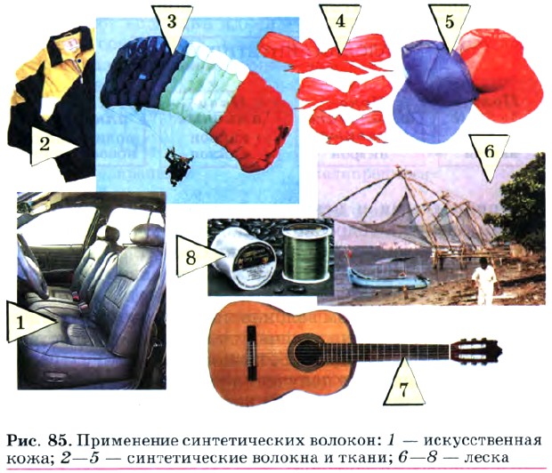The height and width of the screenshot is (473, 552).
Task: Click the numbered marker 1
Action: click(x=27, y=322)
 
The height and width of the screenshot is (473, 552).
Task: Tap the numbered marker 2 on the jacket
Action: click(x=49, y=145)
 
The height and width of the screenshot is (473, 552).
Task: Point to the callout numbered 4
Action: click(x=340, y=25)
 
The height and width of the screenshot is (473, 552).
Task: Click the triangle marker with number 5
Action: click(x=450, y=25)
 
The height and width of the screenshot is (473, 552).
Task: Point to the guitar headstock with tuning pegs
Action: click(x=475, y=350)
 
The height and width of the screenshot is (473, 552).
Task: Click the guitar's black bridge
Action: click(x=251, y=353)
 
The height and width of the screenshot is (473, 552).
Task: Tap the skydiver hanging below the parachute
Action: click(x=178, y=166)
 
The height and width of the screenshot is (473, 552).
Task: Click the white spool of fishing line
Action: click(x=243, y=258)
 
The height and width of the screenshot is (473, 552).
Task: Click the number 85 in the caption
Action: click(x=58, y=441)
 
